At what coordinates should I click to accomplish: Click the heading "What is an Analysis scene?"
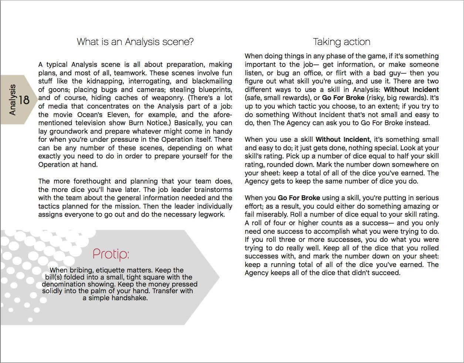135,42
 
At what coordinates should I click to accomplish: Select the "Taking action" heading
341,42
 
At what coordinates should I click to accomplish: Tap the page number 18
24,100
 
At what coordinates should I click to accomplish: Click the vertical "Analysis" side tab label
12,100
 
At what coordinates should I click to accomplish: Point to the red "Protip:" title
111,254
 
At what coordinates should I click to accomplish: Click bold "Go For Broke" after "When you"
299,198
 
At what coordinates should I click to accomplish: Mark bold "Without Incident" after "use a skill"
342,140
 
